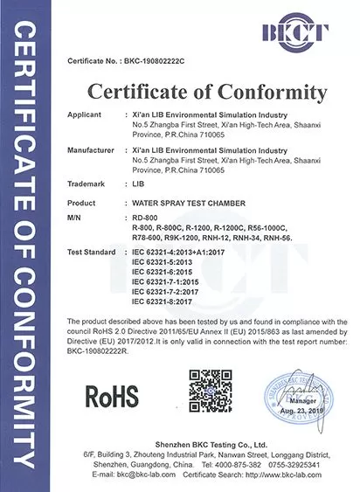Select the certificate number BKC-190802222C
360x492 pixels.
click(x=142, y=62)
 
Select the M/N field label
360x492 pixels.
click(x=73, y=216)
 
